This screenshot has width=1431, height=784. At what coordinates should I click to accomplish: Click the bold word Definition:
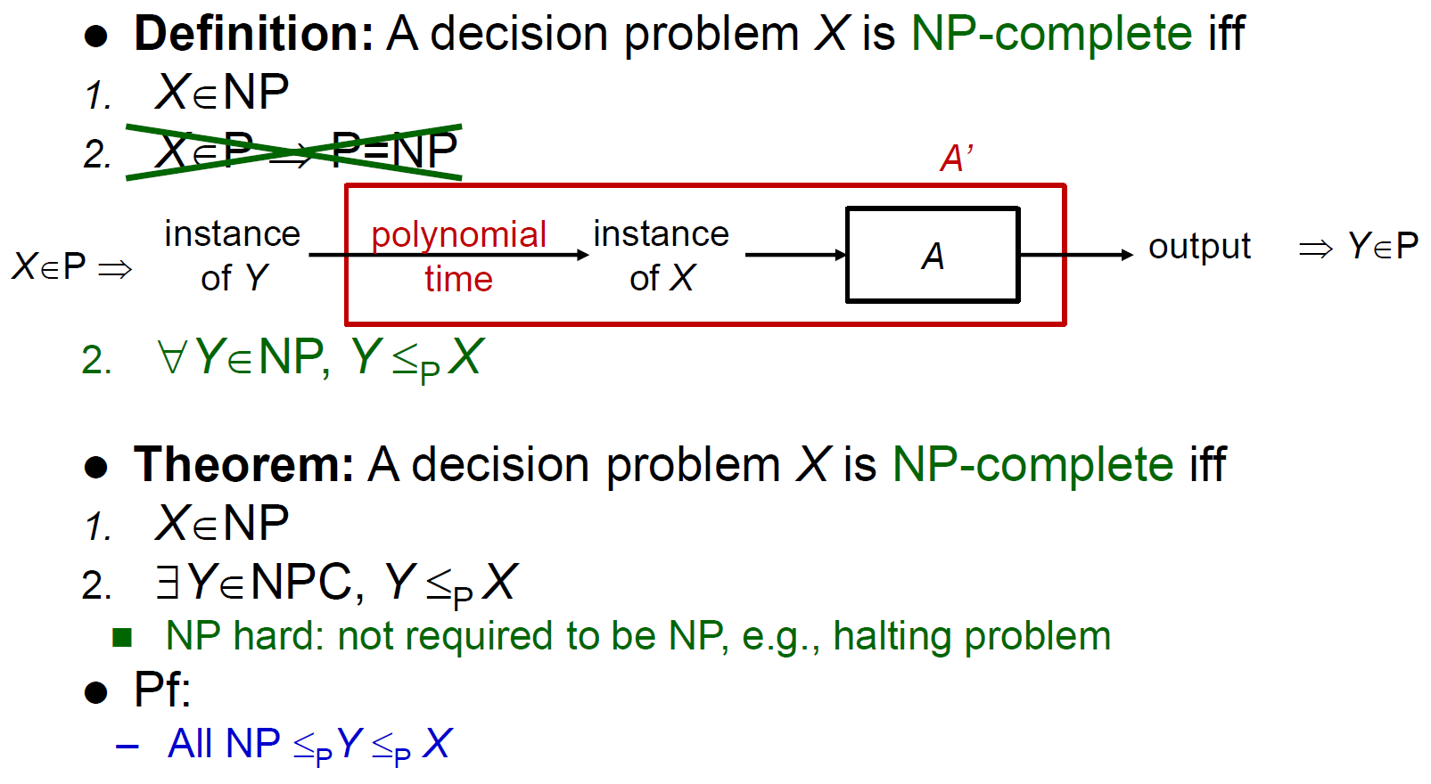pyautogui.click(x=253, y=33)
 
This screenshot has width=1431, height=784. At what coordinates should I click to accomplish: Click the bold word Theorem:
pyautogui.click(x=243, y=464)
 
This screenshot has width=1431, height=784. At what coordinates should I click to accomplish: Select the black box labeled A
pyautogui.click(x=933, y=255)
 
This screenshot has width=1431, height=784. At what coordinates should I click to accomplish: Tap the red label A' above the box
pyautogui.click(x=957, y=158)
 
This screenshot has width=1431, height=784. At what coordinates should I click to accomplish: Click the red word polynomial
pyautogui.click(x=458, y=234)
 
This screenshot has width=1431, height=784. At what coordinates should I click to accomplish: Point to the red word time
pyautogui.click(x=458, y=279)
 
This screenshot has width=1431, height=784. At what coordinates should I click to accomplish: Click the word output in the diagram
pyautogui.click(x=1199, y=247)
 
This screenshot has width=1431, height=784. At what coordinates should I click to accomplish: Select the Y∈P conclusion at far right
pyautogui.click(x=1383, y=246)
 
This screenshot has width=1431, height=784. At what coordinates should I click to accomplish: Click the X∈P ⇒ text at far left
pyautogui.click(x=72, y=265)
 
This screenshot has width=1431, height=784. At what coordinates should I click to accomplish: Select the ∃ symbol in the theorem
pyautogui.click(x=168, y=582)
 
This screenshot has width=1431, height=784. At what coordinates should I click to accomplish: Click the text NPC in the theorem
pyautogui.click(x=301, y=582)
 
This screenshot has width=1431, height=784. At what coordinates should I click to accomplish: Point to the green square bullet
pyautogui.click(x=122, y=637)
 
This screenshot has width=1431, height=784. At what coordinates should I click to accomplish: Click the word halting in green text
pyautogui.click(x=892, y=636)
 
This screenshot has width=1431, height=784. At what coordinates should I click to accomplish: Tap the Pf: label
pyautogui.click(x=162, y=689)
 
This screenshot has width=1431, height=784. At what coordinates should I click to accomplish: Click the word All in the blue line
pyautogui.click(x=191, y=743)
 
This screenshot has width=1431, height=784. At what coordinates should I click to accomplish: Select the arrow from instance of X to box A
pyautogui.click(x=796, y=255)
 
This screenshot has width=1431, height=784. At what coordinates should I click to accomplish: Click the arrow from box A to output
pyautogui.click(x=1076, y=255)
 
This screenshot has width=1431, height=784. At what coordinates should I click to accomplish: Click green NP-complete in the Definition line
pyautogui.click(x=1051, y=33)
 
